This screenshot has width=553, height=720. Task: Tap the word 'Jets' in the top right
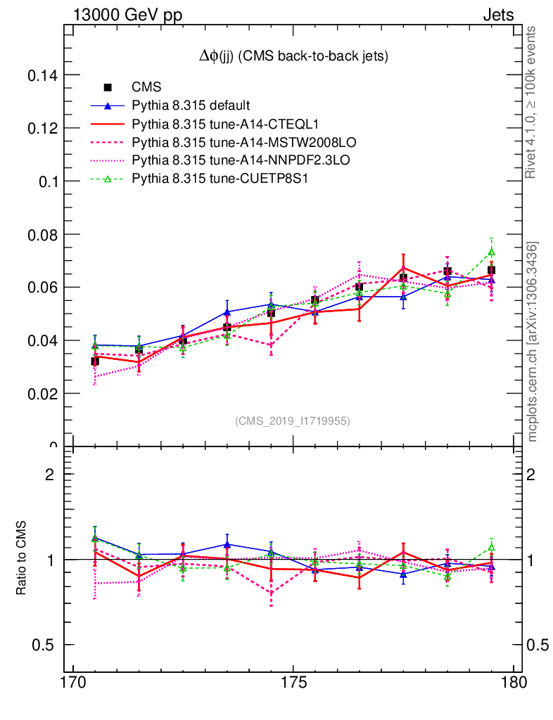tap(498, 15)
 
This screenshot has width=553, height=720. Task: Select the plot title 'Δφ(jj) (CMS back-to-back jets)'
tap(293, 56)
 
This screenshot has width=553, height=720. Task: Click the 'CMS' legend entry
tap(146, 87)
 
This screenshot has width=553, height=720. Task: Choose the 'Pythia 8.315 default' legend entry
tap(191, 106)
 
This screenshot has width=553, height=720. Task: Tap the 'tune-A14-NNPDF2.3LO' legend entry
tap(241, 161)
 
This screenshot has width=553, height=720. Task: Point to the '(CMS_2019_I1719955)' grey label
tap(293, 420)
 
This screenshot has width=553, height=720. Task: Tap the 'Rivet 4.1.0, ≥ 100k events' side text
tap(532, 102)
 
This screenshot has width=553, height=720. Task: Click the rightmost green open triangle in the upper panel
tap(492, 252)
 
